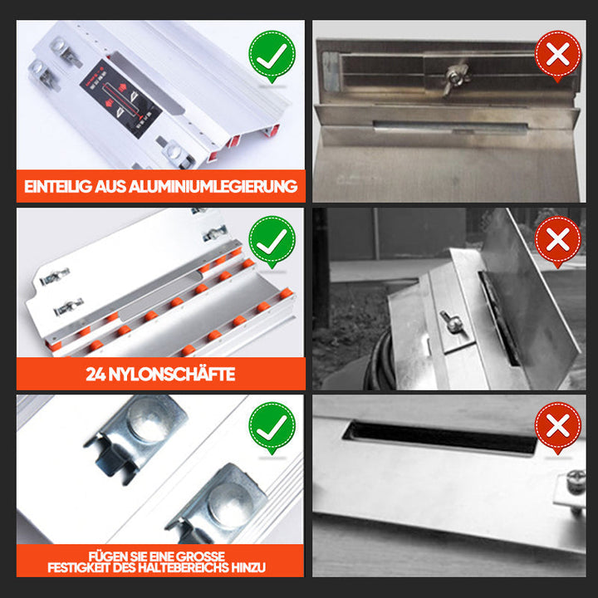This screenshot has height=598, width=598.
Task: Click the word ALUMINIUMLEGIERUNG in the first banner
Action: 213,187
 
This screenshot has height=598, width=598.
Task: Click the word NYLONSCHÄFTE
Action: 172,375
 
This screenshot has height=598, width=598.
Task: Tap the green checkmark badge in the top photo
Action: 272,56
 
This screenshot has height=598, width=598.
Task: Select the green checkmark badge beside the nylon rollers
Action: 272,242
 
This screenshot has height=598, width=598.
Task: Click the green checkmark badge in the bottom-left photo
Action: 272,428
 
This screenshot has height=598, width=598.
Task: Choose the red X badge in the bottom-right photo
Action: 558,428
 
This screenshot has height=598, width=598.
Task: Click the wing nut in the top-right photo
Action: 456,77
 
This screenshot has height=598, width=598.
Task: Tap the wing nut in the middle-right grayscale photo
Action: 450,321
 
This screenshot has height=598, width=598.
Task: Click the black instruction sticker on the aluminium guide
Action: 121,98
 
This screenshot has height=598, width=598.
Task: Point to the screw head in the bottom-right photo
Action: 575,479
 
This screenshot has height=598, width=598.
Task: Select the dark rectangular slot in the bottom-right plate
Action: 440,437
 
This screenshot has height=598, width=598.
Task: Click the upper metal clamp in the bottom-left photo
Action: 136,436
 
